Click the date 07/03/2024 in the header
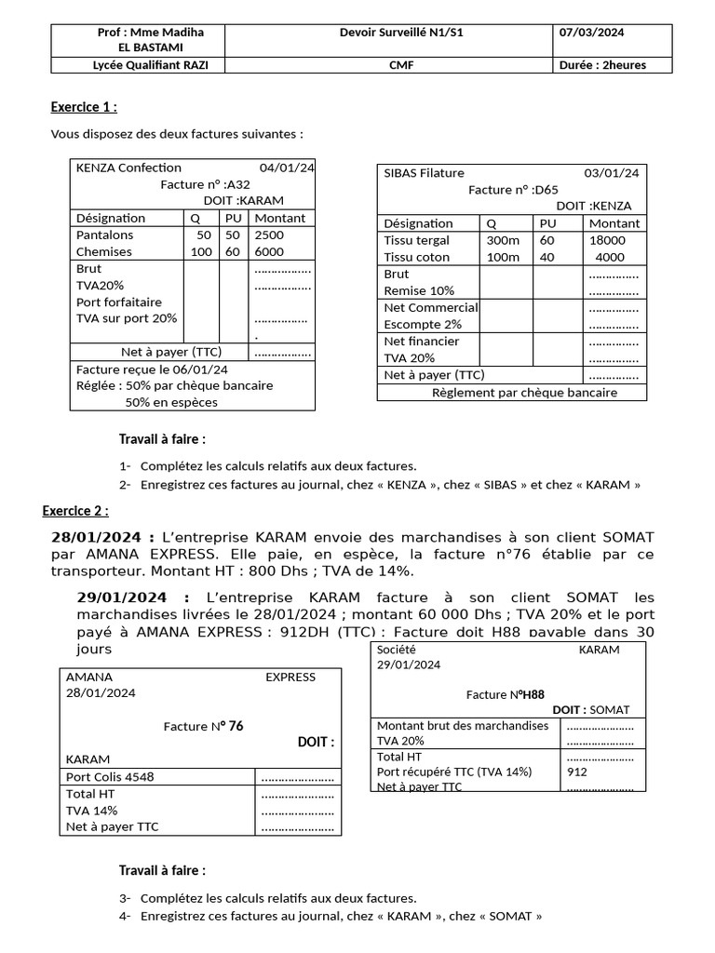(592, 33)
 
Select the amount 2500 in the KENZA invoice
(269, 235)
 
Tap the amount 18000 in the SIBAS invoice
(608, 240)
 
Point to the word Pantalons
(104, 235)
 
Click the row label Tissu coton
(416, 257)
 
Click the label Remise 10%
(419, 291)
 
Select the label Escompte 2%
(423, 325)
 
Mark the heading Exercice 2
(75, 511)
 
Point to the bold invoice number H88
(533, 694)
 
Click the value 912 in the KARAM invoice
(577, 772)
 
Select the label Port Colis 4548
(110, 777)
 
